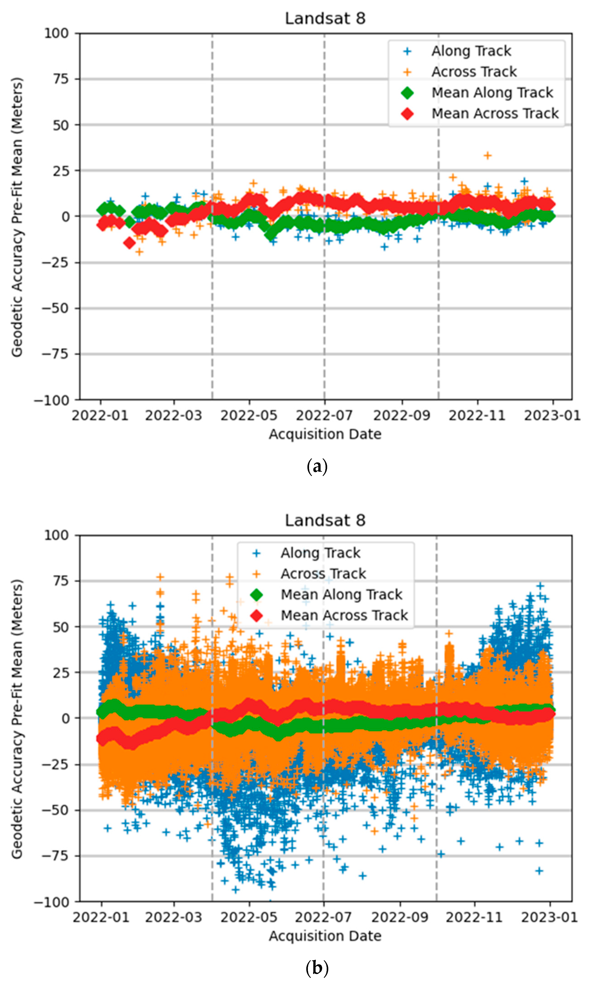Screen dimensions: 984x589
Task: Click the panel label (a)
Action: [x=317, y=466]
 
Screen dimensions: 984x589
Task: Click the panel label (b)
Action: [x=317, y=968]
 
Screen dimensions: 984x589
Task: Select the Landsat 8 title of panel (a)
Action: [x=325, y=19]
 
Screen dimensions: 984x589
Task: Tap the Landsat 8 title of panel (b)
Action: [x=325, y=520]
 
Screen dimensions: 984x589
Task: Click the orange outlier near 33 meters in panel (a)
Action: [x=488, y=155]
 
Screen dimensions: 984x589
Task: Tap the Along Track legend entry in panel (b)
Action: [x=320, y=553]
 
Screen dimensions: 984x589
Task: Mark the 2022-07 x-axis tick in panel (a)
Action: [x=324, y=416]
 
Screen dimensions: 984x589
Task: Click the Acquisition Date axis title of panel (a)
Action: [x=325, y=434]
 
